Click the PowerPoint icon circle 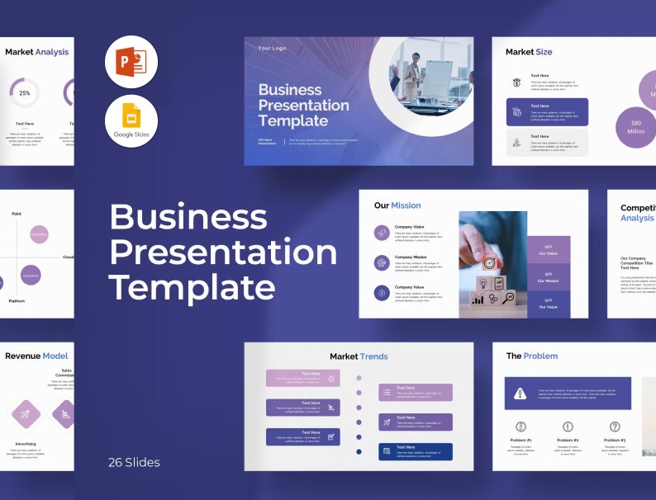point(131,62)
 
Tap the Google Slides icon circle point(131,121)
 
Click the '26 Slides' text point(134,462)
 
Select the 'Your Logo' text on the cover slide point(272,49)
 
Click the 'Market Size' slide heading point(529,52)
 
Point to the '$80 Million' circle point(635,127)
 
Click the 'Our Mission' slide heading point(397,205)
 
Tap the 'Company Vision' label point(410,227)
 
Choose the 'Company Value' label point(410,287)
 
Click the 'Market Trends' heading point(359,356)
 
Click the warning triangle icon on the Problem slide point(520,394)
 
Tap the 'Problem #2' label point(568,441)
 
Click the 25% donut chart point(25,93)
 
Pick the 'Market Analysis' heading point(37,52)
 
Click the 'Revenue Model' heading point(36,356)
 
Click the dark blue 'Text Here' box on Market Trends point(416,451)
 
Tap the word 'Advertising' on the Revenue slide point(26,443)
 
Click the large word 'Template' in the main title point(192,287)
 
